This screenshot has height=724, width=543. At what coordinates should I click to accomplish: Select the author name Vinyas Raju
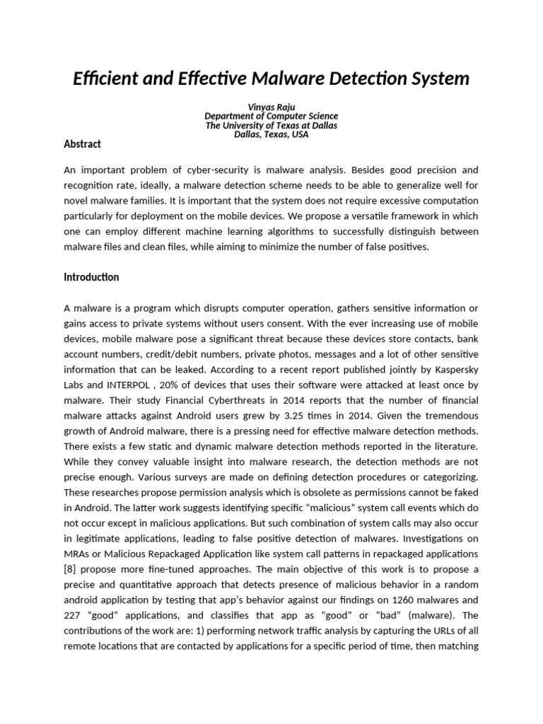pos(271,107)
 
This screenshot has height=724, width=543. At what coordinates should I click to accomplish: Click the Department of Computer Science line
pos(271,116)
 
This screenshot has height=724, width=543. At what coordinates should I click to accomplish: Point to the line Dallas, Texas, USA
pos(271,134)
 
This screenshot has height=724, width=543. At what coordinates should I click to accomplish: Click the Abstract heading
pos(82,144)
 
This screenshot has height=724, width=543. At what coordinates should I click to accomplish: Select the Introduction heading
pos(91,277)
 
